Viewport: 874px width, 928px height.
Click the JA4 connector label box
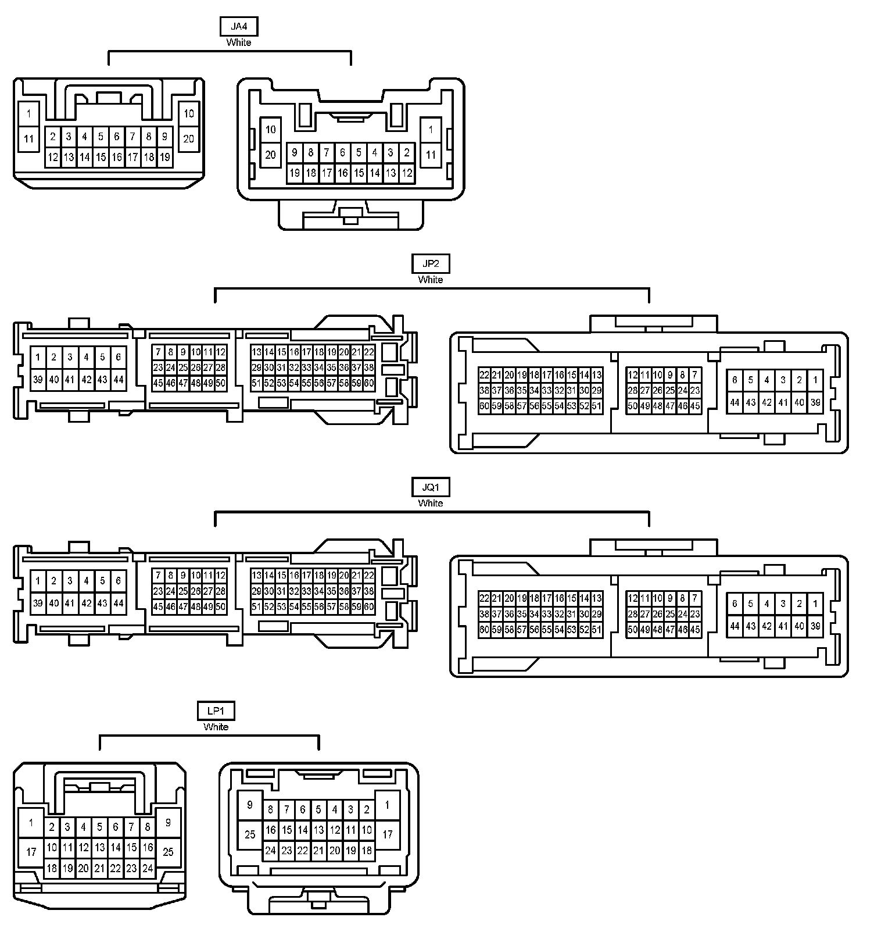[238, 27]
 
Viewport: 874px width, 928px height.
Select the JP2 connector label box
[430, 263]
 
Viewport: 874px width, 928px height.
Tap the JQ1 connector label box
[430, 487]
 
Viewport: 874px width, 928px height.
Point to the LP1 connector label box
[216, 711]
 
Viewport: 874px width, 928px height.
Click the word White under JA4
[238, 42]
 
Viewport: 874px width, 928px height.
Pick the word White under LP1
[216, 727]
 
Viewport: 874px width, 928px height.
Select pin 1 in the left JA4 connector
[29, 114]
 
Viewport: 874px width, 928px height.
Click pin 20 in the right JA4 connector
[270, 155]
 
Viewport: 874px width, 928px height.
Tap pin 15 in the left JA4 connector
[101, 157]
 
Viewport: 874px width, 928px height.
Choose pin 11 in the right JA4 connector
[431, 155]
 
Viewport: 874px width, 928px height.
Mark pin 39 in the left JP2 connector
[38, 380]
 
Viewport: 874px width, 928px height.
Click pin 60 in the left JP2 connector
[368, 383]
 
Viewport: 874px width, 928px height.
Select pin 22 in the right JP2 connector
[484, 375]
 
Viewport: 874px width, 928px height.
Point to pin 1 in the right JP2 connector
[815, 380]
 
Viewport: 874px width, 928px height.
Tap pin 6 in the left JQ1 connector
[119, 580]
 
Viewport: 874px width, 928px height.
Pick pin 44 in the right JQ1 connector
[735, 626]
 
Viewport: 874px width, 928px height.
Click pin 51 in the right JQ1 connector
[596, 630]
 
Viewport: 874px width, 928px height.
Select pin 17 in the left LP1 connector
[31, 852]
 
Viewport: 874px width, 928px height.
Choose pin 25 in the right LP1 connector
[250, 834]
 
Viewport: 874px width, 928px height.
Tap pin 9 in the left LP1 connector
[168, 823]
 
